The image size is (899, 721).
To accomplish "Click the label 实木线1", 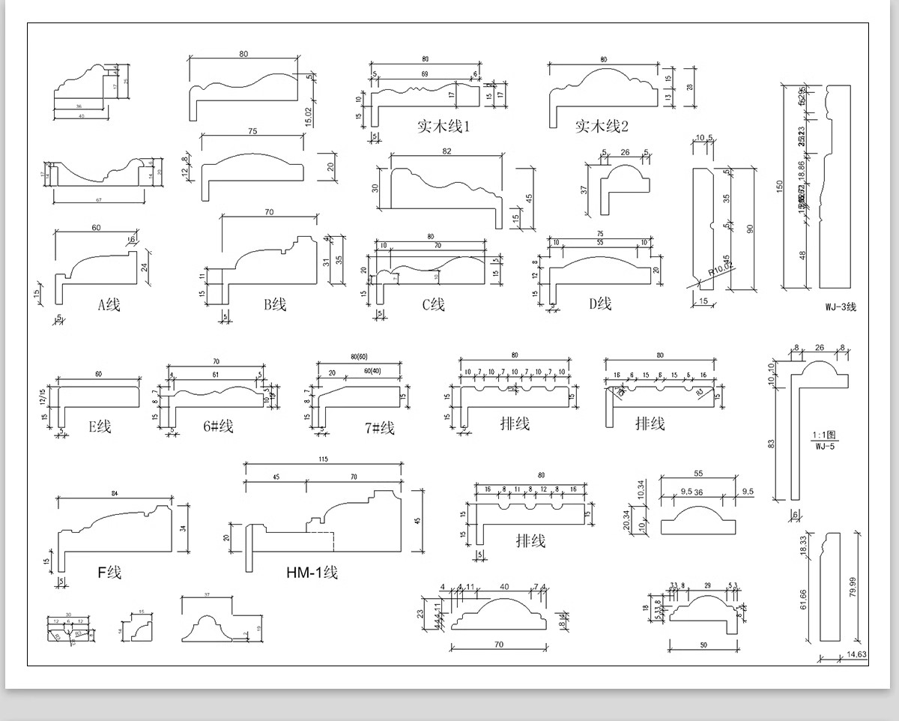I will tap(443, 126).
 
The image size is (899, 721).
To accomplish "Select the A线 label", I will tap(109, 304).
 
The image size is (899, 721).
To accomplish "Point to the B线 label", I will tap(275, 304).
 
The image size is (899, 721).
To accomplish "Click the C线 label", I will tap(433, 304).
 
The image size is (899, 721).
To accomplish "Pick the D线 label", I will tap(600, 304).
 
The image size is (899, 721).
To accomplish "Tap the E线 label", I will tap(100, 426).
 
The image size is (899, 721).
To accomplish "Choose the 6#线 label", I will tap(218, 426).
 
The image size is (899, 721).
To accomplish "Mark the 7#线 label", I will tap(379, 428).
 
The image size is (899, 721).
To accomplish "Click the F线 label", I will tap(109, 573).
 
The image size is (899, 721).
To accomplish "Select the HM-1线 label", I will tap(312, 573).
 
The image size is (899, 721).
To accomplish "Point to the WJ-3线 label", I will tap(841, 307).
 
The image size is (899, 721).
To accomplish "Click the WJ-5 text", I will tap(826, 447).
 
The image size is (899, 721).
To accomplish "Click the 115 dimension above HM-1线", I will tap(323, 459).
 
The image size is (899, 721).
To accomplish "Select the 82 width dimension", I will tap(447, 151).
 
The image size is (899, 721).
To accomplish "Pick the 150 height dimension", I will tap(780, 185).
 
